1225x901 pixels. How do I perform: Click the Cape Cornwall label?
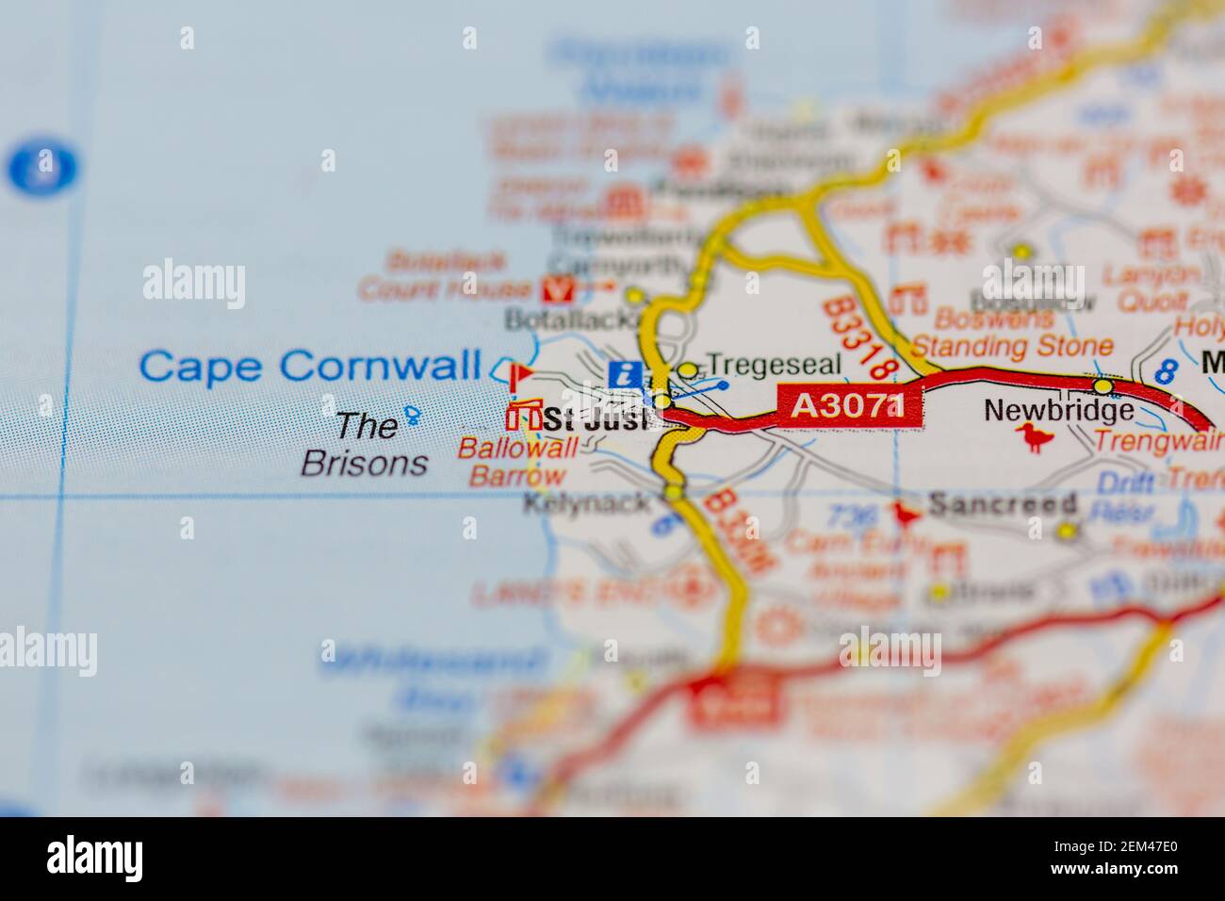click(310, 366)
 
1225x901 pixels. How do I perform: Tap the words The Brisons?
click(365, 444)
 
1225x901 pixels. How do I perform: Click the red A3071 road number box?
click(848, 406)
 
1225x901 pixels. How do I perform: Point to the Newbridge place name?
click(1058, 410)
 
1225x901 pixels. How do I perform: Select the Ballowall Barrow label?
click(517, 462)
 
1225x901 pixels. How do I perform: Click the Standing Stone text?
click(1011, 347)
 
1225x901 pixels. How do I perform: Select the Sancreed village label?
click(1002, 504)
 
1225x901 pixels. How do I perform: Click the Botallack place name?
click(566, 319)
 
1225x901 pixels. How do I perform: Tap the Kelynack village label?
click(586, 502)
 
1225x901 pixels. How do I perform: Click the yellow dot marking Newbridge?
click(1102, 386)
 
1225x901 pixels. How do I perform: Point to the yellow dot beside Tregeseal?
click(689, 369)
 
